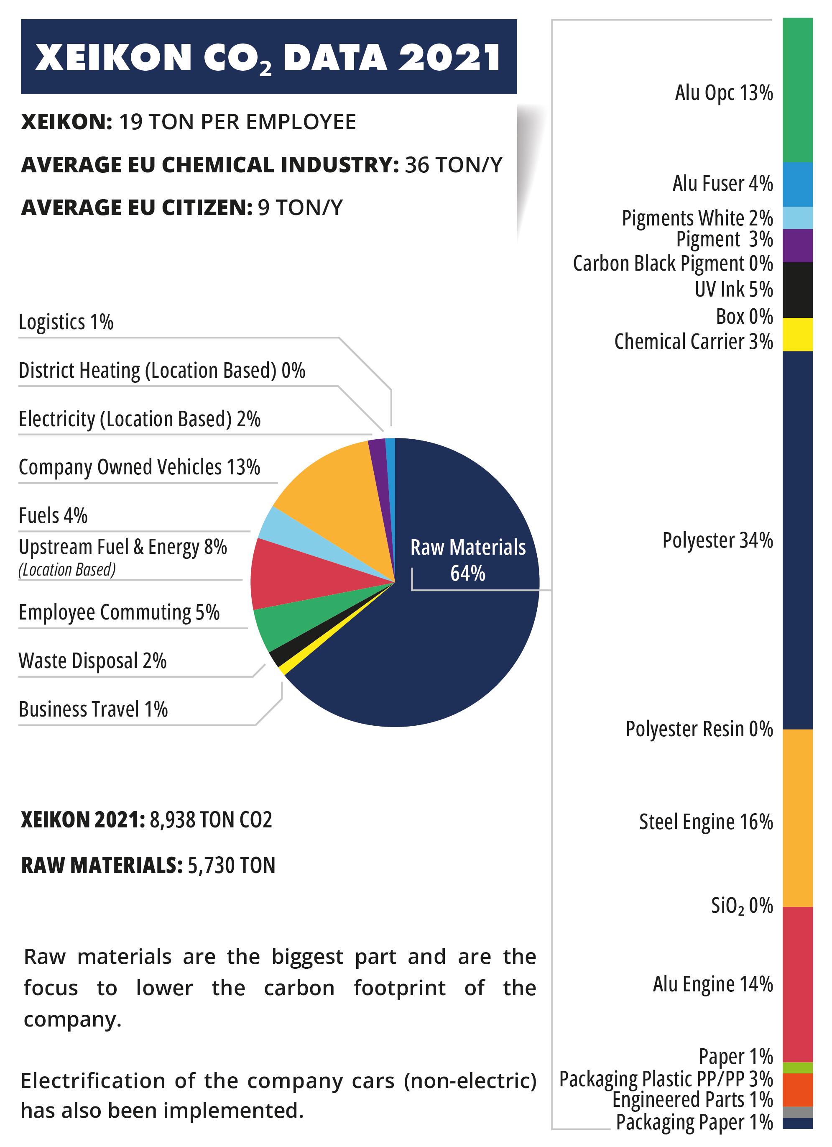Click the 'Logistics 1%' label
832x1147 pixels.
click(66, 322)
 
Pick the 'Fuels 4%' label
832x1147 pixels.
click(53, 516)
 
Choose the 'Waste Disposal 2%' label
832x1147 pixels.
click(92, 661)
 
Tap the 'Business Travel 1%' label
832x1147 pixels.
click(93, 709)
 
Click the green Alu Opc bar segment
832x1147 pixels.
click(797, 91)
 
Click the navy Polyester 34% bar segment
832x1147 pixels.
click(797, 540)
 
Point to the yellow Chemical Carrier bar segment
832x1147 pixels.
click(797, 334)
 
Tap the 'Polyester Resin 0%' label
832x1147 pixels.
click(699, 729)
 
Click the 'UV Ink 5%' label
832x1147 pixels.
click(733, 290)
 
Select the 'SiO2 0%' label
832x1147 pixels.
click(742, 906)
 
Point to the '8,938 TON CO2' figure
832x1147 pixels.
click(211, 820)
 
